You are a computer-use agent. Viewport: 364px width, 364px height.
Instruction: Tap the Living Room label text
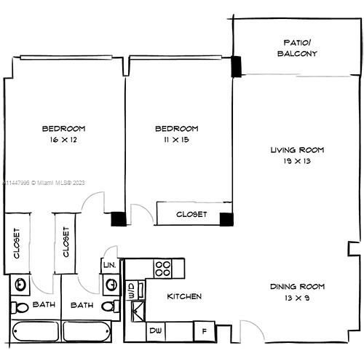296,149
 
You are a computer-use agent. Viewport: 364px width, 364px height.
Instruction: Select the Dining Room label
296,286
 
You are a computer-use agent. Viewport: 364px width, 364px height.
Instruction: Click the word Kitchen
184,297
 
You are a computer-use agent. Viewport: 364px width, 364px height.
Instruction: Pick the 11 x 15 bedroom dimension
177,139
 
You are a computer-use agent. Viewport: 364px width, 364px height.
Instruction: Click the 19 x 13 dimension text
296,161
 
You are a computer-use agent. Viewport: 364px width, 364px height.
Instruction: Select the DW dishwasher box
156,331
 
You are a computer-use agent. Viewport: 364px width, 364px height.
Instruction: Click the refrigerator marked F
205,331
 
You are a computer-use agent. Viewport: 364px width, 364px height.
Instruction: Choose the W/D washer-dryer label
132,291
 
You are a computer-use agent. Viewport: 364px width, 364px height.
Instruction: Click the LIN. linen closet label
109,266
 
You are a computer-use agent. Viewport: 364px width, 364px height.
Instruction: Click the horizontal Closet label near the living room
192,215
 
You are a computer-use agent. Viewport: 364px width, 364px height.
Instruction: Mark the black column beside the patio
237,66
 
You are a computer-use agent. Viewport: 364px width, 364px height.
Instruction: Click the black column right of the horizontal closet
226,218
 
